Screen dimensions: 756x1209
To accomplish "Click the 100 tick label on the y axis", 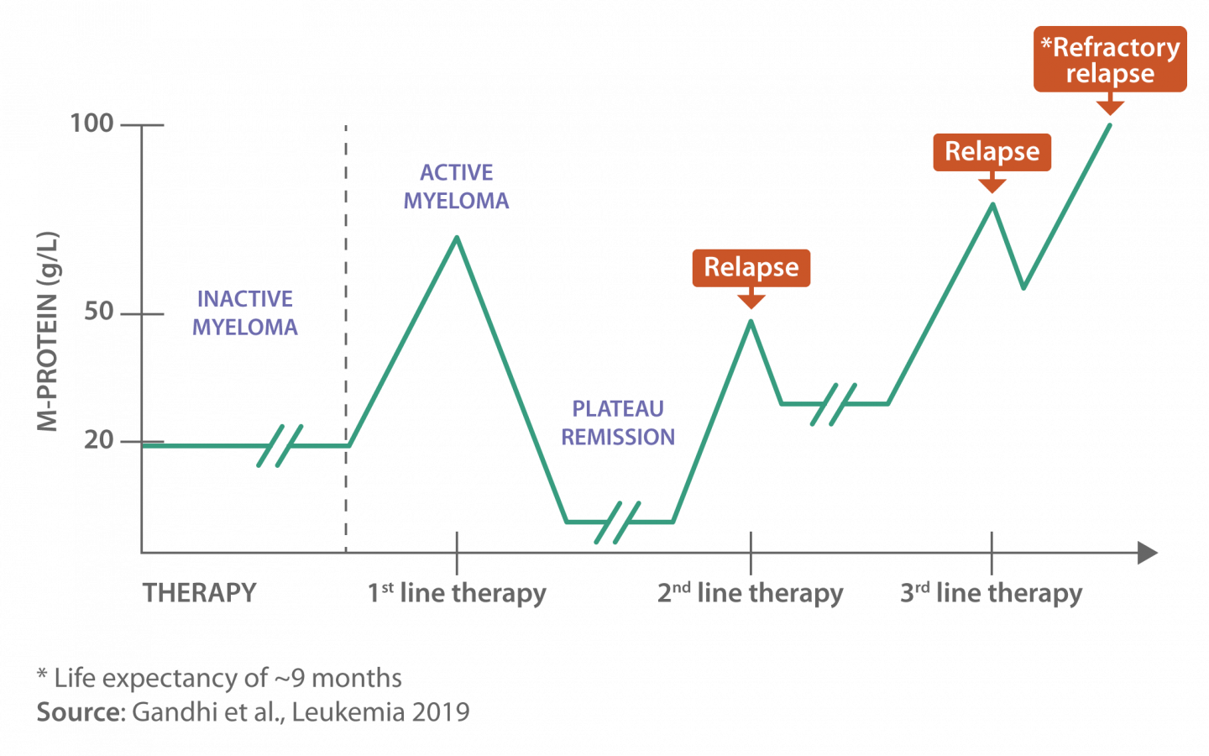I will point(92,123).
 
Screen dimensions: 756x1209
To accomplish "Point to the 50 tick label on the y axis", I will point(98,312).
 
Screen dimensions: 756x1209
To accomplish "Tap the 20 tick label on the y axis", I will point(98,439).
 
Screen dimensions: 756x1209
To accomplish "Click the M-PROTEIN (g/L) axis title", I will point(48,331).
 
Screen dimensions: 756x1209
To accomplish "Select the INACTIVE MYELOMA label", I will point(245,312).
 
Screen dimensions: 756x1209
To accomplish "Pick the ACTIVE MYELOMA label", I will point(456,186).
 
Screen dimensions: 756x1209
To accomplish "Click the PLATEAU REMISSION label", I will point(618,423).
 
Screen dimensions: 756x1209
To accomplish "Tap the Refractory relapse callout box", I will point(1110,59).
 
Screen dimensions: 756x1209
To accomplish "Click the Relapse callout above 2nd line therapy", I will point(751,267).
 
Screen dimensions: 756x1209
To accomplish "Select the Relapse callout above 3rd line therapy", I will point(992,151).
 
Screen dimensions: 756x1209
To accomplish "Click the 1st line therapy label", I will point(457,593).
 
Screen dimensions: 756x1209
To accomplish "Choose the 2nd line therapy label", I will point(750,593).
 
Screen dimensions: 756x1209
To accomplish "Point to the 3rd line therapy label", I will point(991,593).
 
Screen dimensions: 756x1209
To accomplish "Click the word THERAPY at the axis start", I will point(199,593).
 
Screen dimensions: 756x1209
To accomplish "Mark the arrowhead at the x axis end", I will point(1148,553).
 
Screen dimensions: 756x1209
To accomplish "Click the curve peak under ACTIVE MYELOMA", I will point(457,238).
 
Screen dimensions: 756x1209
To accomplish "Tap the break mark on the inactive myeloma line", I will point(280,445).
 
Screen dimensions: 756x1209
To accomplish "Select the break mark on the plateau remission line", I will point(617,522).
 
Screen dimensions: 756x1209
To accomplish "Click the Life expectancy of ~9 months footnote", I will point(220,678).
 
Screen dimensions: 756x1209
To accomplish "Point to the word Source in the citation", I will point(81,712).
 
